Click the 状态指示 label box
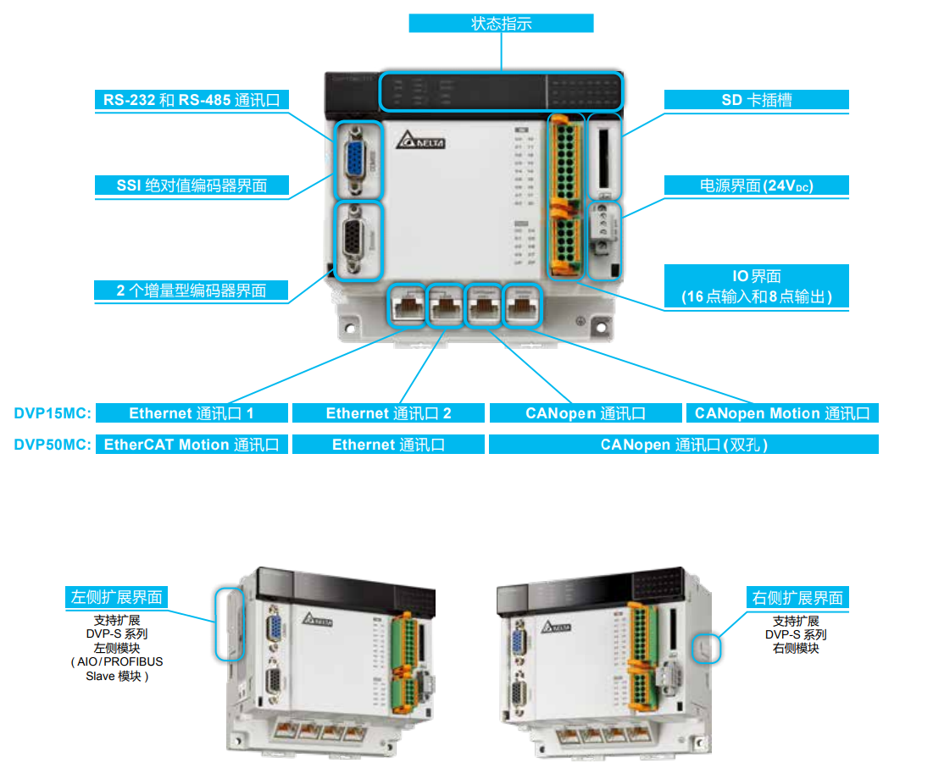501,24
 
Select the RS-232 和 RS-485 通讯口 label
191,100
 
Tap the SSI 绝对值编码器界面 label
191,185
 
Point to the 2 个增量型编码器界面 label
191,290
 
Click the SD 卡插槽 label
756,100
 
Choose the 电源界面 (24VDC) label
756,185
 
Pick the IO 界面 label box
756,285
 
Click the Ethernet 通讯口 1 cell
192,413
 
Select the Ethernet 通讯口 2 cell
388,413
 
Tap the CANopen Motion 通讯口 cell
781,413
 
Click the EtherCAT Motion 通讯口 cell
192,445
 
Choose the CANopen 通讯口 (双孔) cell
683,445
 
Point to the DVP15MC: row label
52,413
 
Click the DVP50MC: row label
52,445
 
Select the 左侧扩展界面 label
116,597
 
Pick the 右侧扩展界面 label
797,597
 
